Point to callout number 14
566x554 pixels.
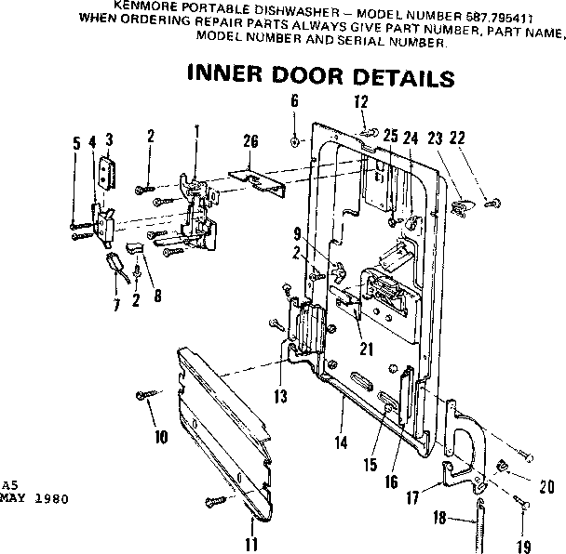[341, 443]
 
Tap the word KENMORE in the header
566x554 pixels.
[141, 6]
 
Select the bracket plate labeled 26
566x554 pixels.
[263, 177]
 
